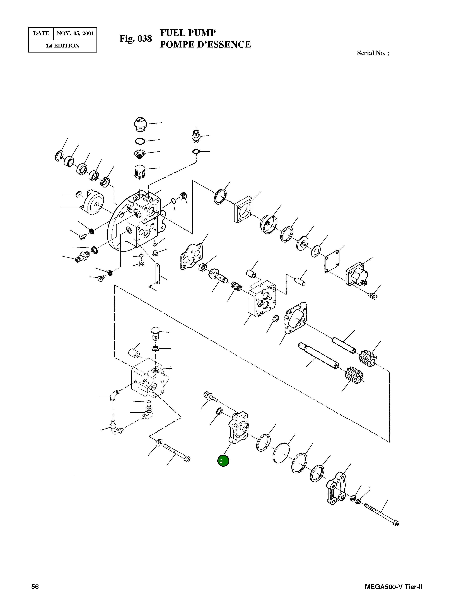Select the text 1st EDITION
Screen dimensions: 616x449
tap(62, 46)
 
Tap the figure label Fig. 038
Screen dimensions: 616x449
tap(136, 39)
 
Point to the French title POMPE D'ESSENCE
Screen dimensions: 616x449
tap(205, 44)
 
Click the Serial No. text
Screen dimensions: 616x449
tap(373, 53)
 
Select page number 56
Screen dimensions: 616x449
tap(35, 587)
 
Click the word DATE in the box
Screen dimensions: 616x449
tap(41, 34)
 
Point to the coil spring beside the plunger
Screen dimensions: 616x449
tap(236, 286)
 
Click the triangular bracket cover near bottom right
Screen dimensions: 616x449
tap(336, 489)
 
